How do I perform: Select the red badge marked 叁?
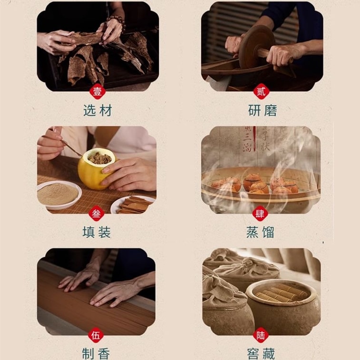coord(97,214)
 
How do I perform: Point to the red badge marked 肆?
coord(260,214)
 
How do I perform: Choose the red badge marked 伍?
coord(97,336)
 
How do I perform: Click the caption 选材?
coord(97,111)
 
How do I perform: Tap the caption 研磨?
coord(262,111)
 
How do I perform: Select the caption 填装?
coord(97,232)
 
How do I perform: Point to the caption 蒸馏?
coord(261,232)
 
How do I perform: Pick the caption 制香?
coord(97,353)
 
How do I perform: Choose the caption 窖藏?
coord(261,353)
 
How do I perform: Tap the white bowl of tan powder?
coord(58,194)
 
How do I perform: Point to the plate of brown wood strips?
coord(132,204)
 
